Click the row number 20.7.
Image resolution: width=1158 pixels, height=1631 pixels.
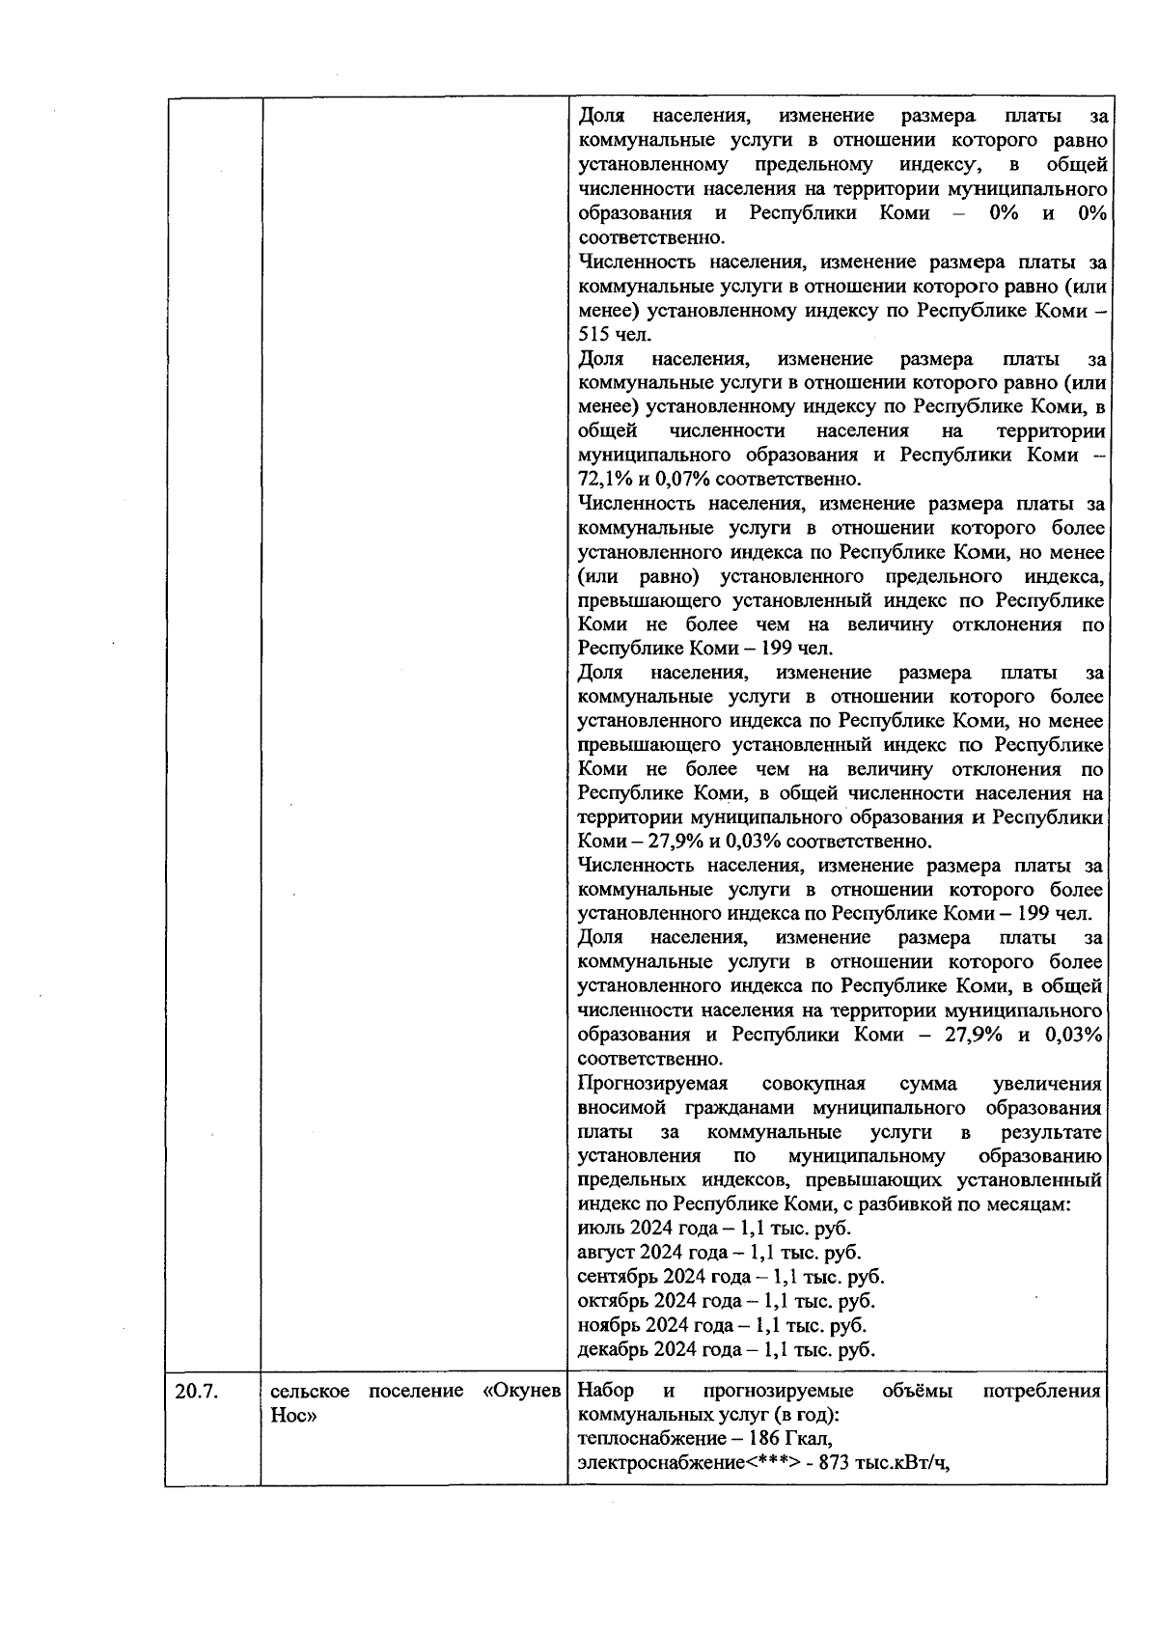pyautogui.click(x=197, y=1392)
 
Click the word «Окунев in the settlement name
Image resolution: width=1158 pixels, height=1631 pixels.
pyautogui.click(x=521, y=1392)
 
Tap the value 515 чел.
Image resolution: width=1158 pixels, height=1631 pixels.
pyautogui.click(x=615, y=335)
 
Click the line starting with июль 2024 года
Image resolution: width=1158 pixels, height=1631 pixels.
pyautogui.click(x=713, y=1229)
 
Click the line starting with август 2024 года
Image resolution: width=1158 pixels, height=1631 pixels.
pyautogui.click(x=719, y=1253)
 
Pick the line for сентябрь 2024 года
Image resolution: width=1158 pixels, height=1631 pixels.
pyautogui.click(x=730, y=1277)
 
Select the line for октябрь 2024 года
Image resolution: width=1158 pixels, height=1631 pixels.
pyautogui.click(x=726, y=1301)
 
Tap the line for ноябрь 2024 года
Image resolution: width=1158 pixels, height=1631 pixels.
pyautogui.click(x=721, y=1325)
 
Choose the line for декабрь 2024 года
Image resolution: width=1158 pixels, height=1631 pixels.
pyautogui.click(x=726, y=1349)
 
